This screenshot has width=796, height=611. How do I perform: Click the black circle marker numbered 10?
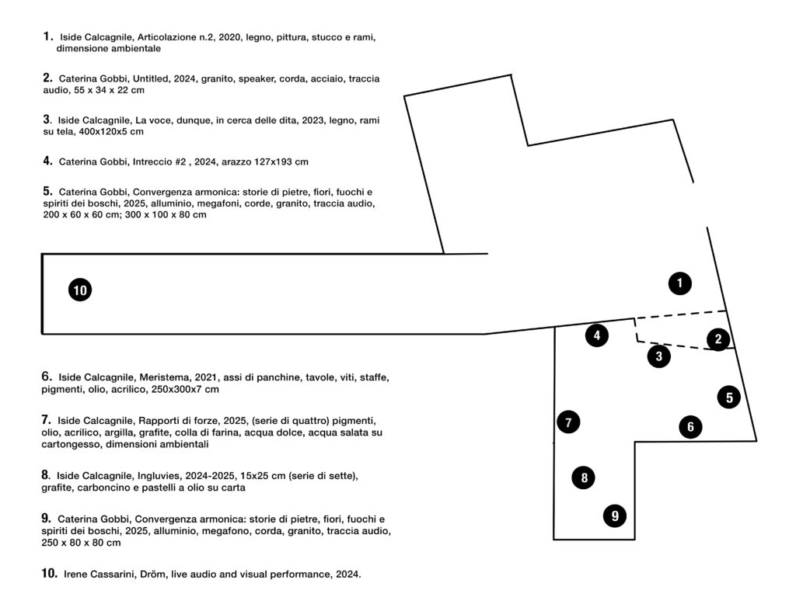click(x=80, y=290)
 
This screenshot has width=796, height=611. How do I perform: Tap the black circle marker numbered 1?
click(x=680, y=283)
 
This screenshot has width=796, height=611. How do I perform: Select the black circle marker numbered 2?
click(x=718, y=338)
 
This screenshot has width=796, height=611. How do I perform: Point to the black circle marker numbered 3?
click(x=658, y=356)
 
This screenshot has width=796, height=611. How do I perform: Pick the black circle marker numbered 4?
click(x=597, y=336)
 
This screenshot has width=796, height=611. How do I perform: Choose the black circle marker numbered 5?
click(x=729, y=397)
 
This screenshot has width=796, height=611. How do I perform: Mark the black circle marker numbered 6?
click(x=690, y=426)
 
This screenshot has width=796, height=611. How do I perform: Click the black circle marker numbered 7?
click(x=568, y=422)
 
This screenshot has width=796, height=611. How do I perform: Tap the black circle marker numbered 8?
click(x=584, y=477)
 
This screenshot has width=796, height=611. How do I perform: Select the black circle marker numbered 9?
click(x=615, y=515)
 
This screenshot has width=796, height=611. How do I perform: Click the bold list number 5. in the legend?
click(x=47, y=191)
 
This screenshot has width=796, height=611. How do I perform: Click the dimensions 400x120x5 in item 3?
click(x=104, y=132)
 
